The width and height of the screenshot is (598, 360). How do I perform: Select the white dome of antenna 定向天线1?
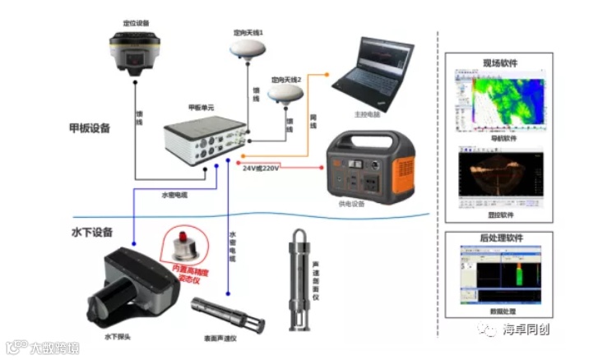click(249, 50)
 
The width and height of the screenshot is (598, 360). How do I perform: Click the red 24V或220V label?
click(262, 168)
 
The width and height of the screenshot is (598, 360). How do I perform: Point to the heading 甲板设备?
click(90, 129)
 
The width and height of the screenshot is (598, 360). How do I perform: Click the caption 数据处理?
click(500, 312)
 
